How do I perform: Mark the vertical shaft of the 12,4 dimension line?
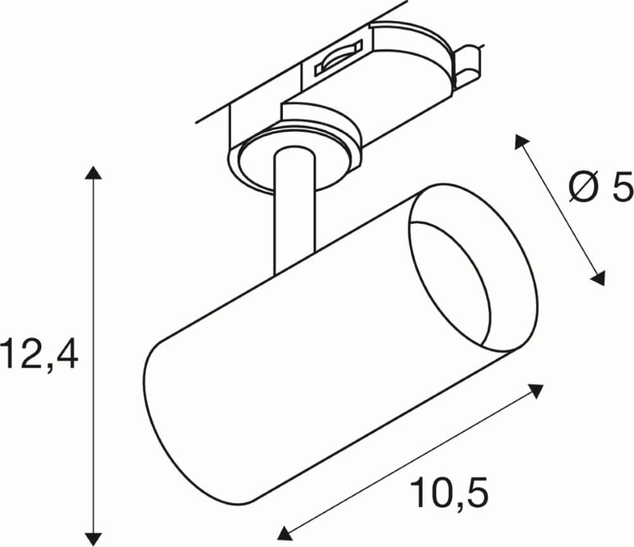coord(93,285)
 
